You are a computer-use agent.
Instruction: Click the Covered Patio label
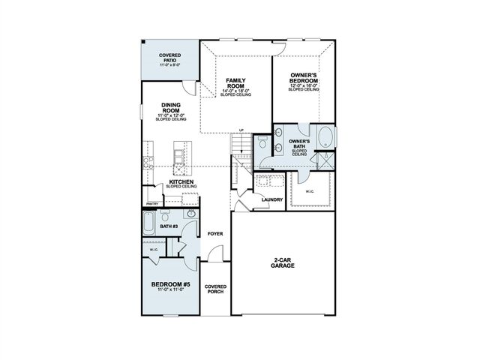pyautogui.click(x=169, y=58)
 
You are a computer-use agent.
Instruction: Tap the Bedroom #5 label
pyautogui.click(x=169, y=283)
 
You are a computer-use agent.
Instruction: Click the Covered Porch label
pyautogui.click(x=216, y=289)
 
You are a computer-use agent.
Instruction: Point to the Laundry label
pyautogui.click(x=271, y=199)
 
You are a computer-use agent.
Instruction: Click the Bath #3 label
pyautogui.click(x=169, y=226)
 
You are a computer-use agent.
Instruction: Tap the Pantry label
pyautogui.click(x=151, y=202)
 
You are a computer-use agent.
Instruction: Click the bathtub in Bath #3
pyautogui.click(x=149, y=224)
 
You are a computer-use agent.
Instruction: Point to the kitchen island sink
pyautogui.click(x=177, y=158)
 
